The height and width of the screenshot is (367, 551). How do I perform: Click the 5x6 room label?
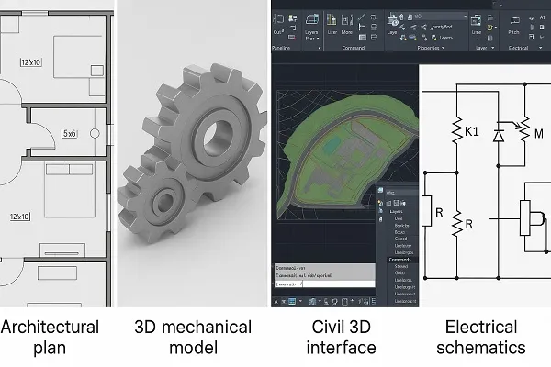click(69, 133)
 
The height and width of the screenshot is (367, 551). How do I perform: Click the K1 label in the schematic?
click(472, 132)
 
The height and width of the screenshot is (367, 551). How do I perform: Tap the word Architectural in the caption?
click(51, 328)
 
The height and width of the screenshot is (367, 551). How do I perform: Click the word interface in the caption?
click(342, 348)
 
